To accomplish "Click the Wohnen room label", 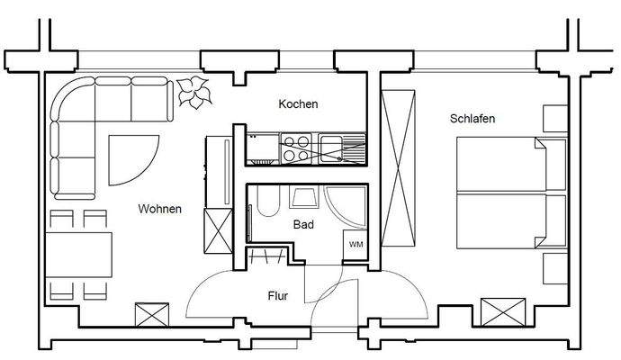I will click(x=159, y=209).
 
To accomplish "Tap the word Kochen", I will click(x=298, y=104).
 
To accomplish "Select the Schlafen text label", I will click(x=472, y=119).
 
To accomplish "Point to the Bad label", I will click(x=303, y=225).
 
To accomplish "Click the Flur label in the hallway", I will click(x=278, y=295).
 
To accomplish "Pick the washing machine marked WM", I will click(x=355, y=244).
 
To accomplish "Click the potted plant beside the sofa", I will click(x=193, y=92).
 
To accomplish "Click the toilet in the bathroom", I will click(x=265, y=203).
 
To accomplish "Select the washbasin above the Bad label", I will click(x=303, y=198).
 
